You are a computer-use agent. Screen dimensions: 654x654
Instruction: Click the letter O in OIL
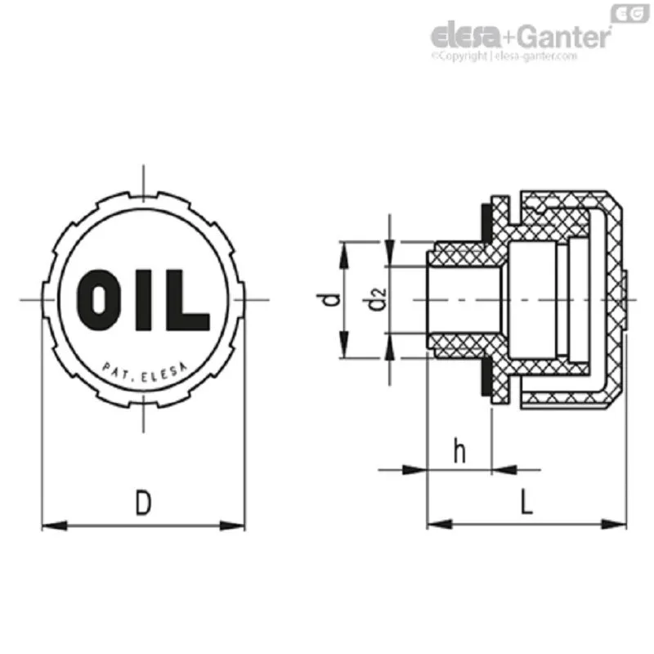96,300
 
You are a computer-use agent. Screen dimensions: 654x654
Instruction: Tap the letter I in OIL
143,300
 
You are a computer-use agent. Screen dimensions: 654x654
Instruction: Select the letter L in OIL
187,300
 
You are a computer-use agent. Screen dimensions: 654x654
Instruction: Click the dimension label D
144,503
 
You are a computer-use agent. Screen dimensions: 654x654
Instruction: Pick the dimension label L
526,502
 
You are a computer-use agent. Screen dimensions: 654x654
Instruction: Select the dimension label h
459,451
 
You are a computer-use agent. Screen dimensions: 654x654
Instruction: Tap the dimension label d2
377,299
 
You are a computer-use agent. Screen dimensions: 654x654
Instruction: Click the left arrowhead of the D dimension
54,526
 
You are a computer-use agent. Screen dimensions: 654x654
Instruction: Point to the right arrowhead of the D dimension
232,526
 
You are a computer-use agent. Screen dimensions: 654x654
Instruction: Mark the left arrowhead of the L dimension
440,524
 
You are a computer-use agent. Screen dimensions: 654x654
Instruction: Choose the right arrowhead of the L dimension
614,524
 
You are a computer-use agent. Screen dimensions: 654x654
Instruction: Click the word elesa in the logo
465,36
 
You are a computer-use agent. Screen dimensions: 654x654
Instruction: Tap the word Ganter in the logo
564,37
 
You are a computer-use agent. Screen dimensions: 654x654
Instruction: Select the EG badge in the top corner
629,14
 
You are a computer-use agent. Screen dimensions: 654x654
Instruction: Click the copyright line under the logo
504,56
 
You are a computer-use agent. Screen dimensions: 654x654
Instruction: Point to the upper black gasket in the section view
486,222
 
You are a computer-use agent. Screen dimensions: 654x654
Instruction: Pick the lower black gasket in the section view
486,377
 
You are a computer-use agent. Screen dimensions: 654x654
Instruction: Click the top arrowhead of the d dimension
343,255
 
